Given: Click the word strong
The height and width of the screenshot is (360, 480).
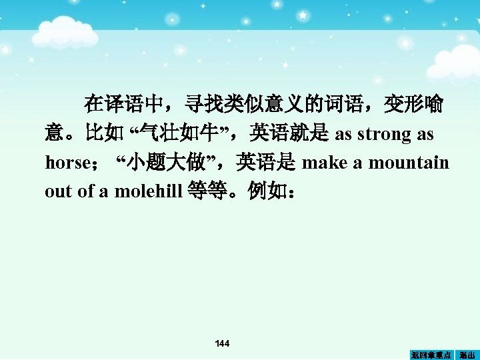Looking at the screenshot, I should (x=384, y=134).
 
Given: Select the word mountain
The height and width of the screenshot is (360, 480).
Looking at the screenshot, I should (x=416, y=163).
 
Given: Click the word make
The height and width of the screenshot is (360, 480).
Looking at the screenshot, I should (x=323, y=163).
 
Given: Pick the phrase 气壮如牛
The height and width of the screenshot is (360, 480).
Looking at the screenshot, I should (x=177, y=134).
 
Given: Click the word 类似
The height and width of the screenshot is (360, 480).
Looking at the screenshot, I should (x=245, y=105).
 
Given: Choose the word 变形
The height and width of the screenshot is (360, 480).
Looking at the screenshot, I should (x=403, y=105).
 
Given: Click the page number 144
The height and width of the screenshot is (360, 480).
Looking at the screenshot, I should (x=223, y=343).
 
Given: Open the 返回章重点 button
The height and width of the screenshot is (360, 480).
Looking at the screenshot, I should (x=431, y=355).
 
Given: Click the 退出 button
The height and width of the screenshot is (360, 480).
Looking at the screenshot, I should (x=467, y=355).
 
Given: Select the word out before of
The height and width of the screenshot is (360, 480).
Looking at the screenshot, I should (x=58, y=192).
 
